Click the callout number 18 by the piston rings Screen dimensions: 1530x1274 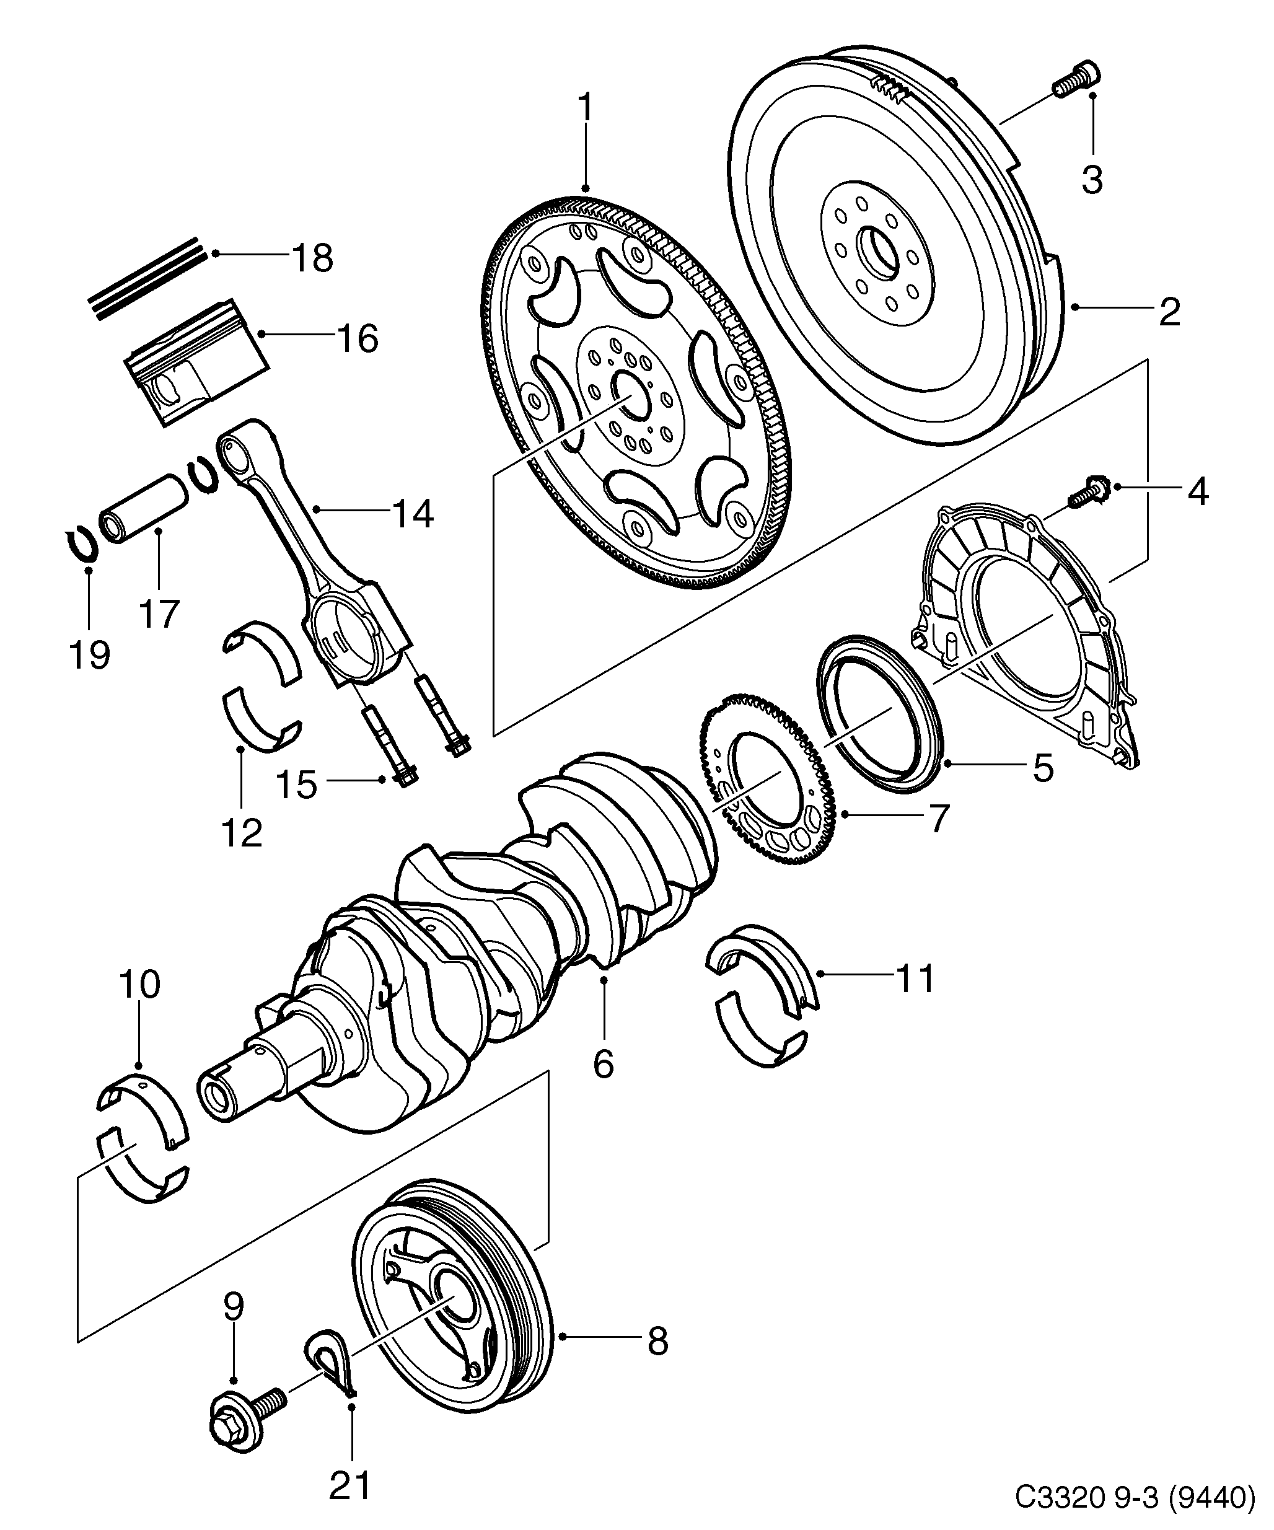(x=312, y=258)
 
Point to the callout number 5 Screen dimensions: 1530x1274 (x=1043, y=768)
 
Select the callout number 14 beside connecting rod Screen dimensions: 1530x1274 (x=412, y=514)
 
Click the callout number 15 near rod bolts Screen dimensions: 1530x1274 (x=296, y=785)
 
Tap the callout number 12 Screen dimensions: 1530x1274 (x=242, y=832)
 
